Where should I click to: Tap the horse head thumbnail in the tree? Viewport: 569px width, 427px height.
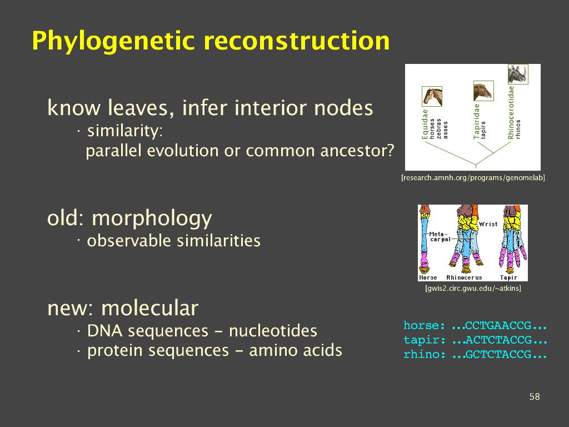432,96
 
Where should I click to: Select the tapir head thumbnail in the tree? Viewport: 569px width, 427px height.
483,91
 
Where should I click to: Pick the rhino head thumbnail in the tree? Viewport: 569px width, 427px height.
518,74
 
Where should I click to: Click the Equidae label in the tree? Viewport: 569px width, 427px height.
425,124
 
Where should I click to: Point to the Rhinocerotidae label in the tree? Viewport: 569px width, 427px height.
511,112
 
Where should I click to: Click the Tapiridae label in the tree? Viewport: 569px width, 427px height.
477,121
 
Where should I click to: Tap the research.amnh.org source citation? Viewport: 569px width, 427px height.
473,178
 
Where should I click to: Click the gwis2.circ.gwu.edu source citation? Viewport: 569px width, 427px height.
473,289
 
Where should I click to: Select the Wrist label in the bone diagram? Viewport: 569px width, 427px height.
488,224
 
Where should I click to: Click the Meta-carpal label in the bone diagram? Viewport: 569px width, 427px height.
440,237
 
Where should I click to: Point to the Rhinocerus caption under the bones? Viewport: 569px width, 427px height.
464,277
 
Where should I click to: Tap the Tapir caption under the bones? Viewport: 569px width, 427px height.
508,277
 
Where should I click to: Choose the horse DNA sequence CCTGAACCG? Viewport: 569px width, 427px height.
498,325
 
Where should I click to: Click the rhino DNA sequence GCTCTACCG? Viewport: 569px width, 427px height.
498,354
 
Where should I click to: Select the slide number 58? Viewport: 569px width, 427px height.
535,396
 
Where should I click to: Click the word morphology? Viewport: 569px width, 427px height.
152,219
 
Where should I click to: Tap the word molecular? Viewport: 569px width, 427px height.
149,308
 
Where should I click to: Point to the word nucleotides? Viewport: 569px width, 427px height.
273,331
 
